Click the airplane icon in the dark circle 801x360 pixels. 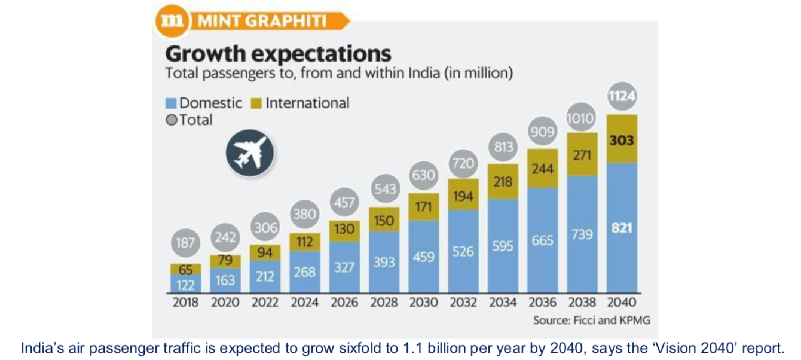pos(250,153)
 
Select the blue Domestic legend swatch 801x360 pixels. pos(171,103)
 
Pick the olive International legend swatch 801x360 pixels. pos(257,103)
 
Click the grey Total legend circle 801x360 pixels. pos(171,120)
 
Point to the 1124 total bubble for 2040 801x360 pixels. pos(622,96)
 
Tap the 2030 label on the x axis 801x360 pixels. pos(423,303)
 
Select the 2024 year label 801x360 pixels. pos(305,303)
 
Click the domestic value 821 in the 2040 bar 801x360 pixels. pos(622,228)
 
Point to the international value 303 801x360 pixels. pos(622,142)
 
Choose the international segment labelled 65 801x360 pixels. pos(185,270)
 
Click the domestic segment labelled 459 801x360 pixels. pos(423,257)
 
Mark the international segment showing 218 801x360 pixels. pos(503,181)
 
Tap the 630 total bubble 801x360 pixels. pos(423,175)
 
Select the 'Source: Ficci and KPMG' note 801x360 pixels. pos(591,321)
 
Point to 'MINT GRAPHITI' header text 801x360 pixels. pos(262,22)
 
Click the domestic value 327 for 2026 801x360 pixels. pos(344,267)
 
